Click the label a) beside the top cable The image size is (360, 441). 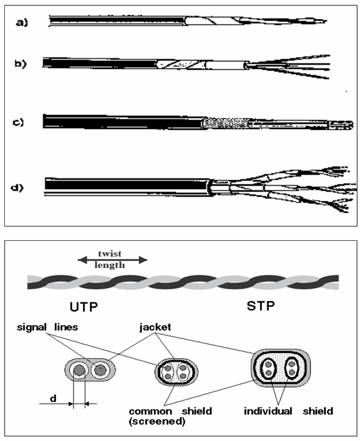[22, 22]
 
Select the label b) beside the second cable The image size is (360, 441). [20, 64]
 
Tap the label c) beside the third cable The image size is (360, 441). [19, 123]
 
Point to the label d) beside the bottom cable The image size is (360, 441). [17, 187]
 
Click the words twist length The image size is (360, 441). [110, 259]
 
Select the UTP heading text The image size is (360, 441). [84, 306]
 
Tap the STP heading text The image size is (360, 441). [260, 306]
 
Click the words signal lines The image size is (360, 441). [47, 327]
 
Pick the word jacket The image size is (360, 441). [155, 328]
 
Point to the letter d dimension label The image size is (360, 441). [53, 399]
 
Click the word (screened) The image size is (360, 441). [157, 422]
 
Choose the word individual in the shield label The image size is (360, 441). [268, 411]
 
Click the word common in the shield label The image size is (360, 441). [151, 411]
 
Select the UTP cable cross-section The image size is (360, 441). [90, 371]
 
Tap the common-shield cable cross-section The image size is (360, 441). [176, 372]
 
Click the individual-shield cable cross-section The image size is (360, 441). [280, 368]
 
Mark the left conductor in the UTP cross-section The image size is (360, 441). [79, 371]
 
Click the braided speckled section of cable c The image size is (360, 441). [226, 123]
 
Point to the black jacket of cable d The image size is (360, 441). [127, 185]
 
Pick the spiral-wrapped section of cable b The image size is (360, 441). [180, 65]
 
